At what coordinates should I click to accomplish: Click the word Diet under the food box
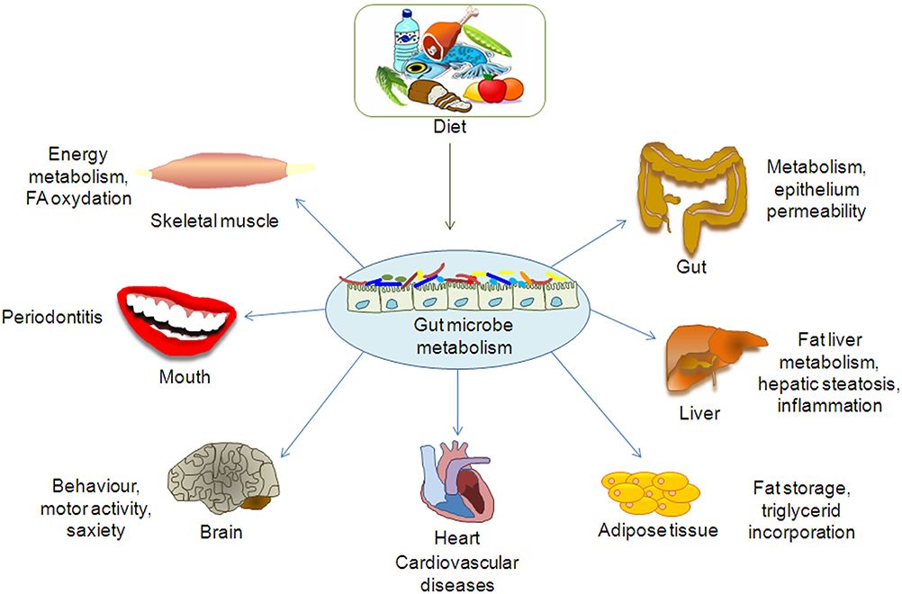tap(449, 127)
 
